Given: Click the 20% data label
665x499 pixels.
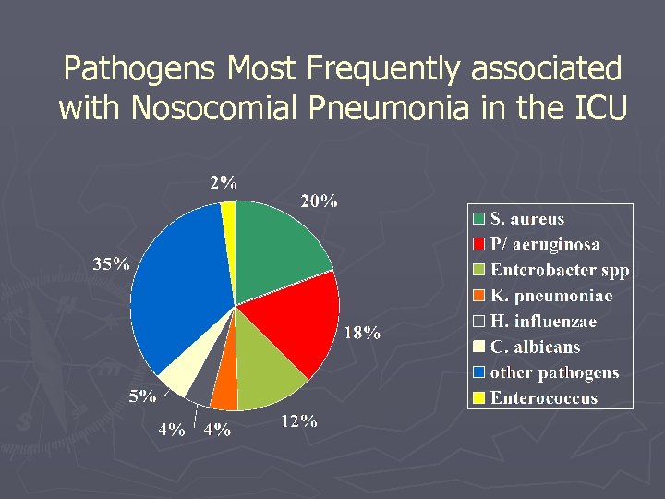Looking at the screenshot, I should click(x=319, y=201).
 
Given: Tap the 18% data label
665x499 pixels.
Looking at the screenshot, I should click(x=362, y=333).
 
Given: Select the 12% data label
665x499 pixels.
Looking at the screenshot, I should click(x=298, y=421).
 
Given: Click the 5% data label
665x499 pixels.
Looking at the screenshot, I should click(x=142, y=397).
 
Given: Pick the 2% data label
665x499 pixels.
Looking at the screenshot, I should click(x=223, y=183).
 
